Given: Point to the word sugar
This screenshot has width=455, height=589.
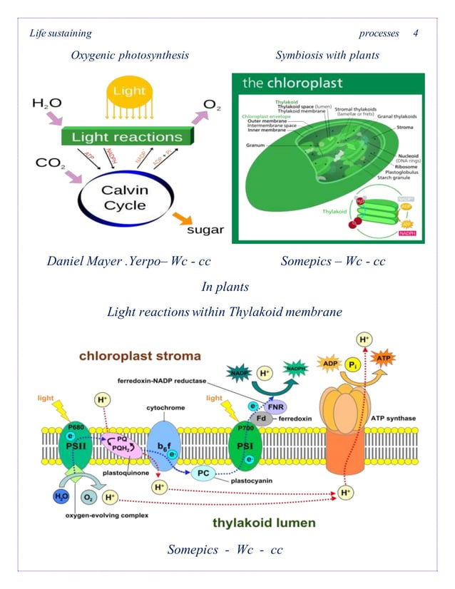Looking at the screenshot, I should (x=205, y=230).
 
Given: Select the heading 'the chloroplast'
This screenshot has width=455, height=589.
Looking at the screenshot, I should (x=292, y=83).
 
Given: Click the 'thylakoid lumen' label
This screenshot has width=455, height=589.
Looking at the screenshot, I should (x=264, y=523).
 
